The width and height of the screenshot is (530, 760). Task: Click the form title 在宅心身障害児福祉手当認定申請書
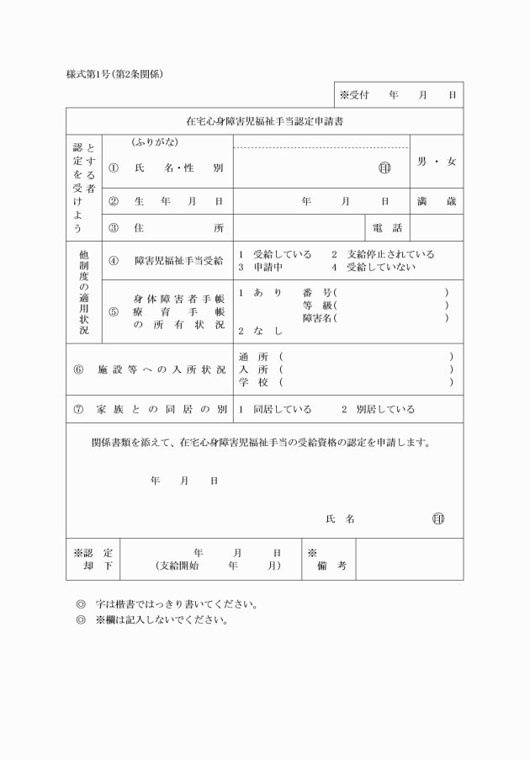point(264,121)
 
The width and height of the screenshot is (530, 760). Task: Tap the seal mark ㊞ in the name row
point(384,168)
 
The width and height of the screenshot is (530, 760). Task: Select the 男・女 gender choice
point(437,161)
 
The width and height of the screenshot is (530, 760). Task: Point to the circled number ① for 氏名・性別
point(114,168)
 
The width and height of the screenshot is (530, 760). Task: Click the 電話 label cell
point(387,228)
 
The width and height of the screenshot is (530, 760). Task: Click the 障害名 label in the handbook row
point(317,318)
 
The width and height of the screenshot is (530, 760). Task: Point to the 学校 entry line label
point(253,382)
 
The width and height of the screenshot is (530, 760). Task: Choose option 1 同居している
point(275,410)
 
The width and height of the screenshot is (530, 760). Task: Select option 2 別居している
point(378,410)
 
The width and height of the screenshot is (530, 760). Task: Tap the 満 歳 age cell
point(437,202)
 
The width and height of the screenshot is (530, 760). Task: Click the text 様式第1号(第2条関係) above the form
point(114,73)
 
